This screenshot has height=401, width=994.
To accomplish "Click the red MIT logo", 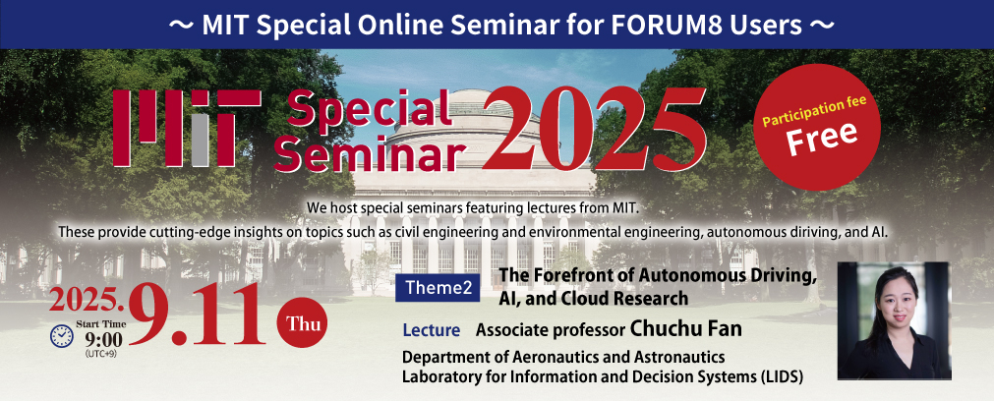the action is click(187, 128).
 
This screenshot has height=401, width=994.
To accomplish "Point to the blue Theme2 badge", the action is click(439, 288).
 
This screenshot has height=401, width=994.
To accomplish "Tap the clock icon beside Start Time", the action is click(62, 336).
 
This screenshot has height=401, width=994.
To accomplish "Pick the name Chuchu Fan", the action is click(685, 329).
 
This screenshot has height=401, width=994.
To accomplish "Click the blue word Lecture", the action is click(431, 330).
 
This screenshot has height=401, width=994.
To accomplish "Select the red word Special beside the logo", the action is click(364, 110).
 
